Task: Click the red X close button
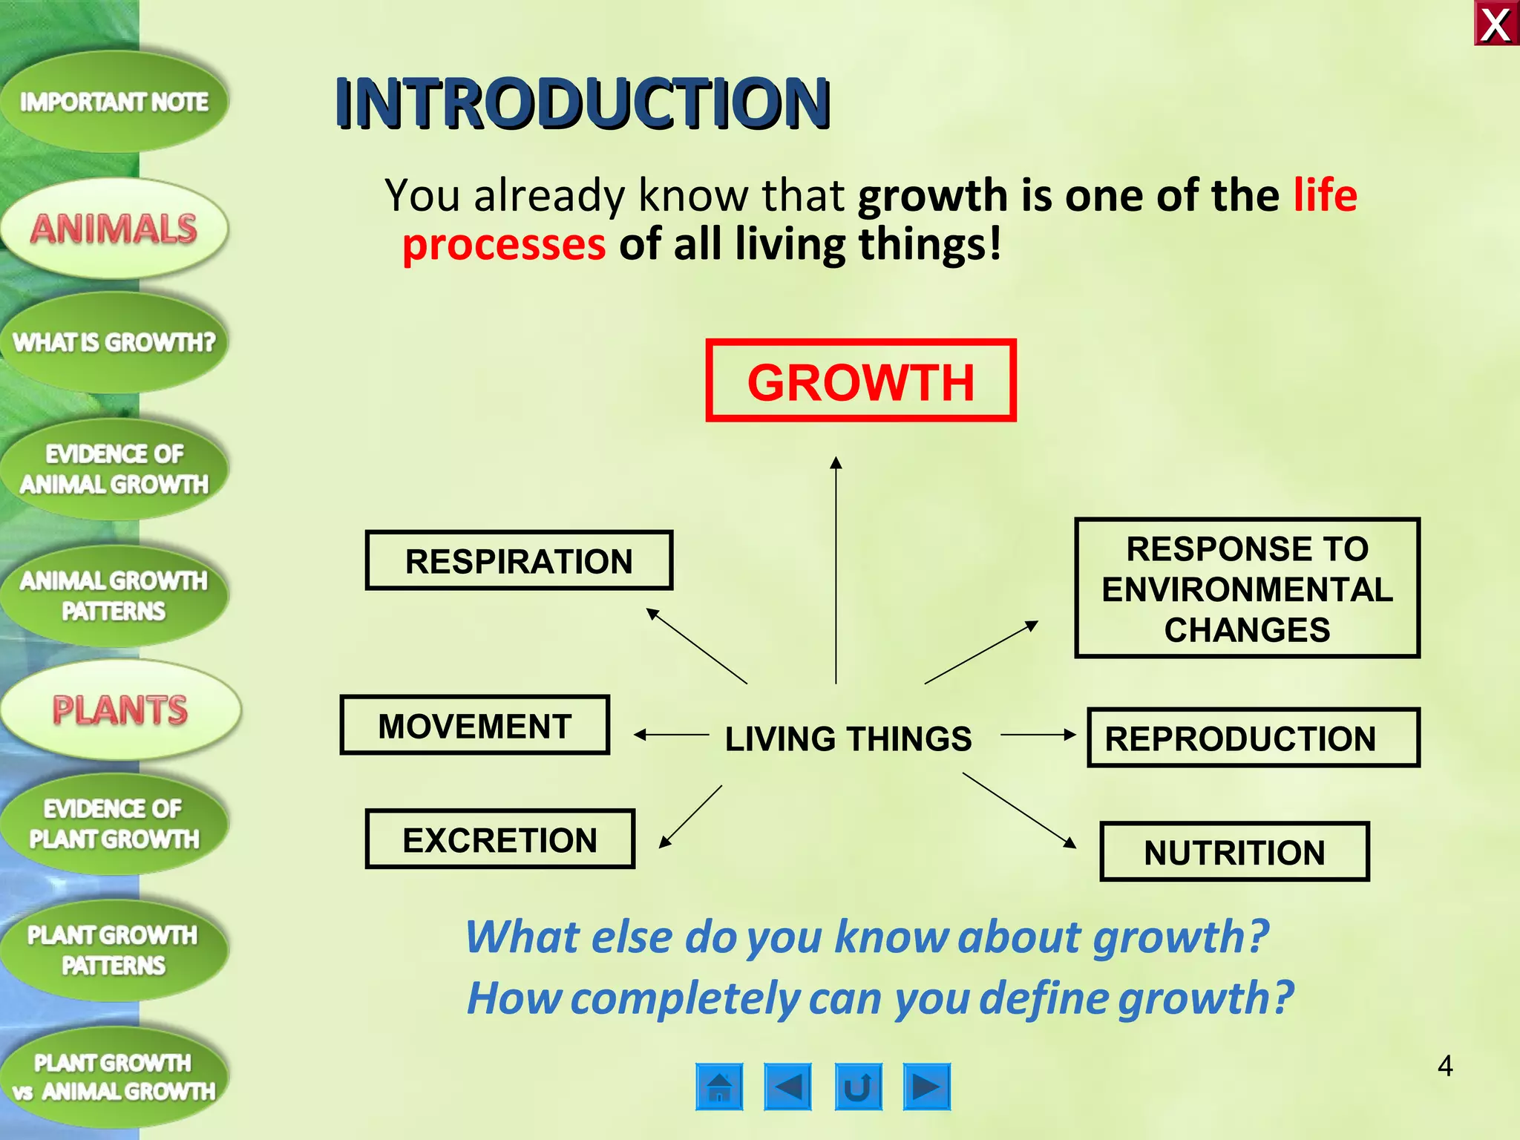pos(1496,24)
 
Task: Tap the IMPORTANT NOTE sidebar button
pos(114,102)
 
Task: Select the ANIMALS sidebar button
pos(114,229)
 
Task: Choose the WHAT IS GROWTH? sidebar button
pos(114,342)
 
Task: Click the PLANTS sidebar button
pos(120,710)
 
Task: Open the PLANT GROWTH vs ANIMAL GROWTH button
pos(114,1077)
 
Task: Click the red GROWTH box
pos(860,381)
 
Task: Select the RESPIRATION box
pos(519,561)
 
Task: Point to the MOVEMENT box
pos(475,726)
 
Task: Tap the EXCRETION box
pos(500,839)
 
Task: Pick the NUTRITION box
pos(1234,852)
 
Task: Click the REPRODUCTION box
pos(1253,738)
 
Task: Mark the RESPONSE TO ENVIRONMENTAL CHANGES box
pos(1247,589)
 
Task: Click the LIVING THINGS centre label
pos(848,738)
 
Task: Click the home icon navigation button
pos(719,1087)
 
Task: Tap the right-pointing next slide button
pos(926,1087)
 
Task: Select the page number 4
pos(1444,1066)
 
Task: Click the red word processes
pos(504,245)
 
